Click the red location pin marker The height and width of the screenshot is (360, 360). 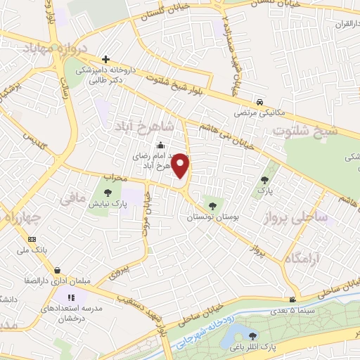(x=181, y=166)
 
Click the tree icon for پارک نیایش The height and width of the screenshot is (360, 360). (x=108, y=193)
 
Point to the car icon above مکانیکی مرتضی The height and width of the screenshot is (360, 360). (x=260, y=101)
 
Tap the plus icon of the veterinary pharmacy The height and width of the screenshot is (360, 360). (x=105, y=59)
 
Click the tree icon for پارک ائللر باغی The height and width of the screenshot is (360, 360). (x=253, y=334)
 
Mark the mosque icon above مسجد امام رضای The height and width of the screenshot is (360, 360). (x=160, y=146)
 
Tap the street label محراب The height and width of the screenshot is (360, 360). (x=115, y=177)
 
